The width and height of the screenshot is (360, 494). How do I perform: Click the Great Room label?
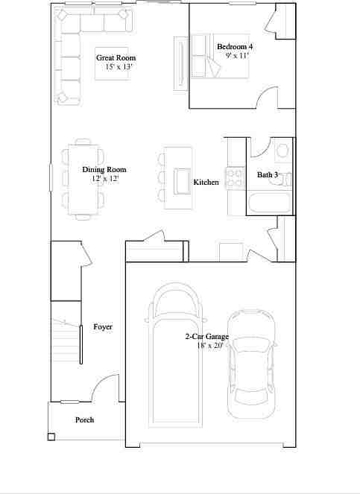(x=116, y=57)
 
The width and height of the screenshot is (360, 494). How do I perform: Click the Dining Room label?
(x=104, y=170)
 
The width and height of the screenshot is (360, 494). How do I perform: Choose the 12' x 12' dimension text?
(x=104, y=179)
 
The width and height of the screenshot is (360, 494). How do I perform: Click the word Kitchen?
(x=206, y=183)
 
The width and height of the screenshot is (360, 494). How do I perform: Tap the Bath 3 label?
(x=268, y=175)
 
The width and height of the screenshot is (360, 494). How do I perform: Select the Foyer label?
(x=103, y=327)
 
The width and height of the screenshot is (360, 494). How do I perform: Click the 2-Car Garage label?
(x=207, y=337)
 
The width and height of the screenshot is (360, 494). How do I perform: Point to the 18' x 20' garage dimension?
(x=209, y=346)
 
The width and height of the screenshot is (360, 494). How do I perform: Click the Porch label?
(x=84, y=419)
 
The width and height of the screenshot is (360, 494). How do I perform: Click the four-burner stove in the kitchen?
(x=236, y=177)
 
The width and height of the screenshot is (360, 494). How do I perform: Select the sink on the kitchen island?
(x=182, y=180)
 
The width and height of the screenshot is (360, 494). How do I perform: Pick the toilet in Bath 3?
(x=281, y=151)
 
